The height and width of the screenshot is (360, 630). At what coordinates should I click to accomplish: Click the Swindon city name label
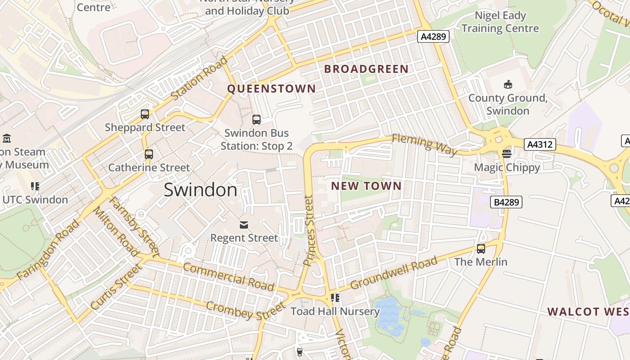point(200,190)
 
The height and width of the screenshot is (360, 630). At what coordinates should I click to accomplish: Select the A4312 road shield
point(540,144)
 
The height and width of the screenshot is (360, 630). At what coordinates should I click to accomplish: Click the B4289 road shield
point(507,202)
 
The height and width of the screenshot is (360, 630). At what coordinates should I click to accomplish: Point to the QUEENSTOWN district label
point(271,89)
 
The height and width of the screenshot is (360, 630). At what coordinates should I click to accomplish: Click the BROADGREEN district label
point(366,69)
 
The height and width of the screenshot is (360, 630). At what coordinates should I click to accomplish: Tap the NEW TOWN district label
point(366,186)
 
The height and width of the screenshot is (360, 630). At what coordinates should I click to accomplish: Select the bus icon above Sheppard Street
point(145,114)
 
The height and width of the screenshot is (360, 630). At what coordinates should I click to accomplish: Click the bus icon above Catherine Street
point(149,154)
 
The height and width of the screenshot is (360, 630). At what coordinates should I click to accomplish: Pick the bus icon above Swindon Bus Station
point(256,120)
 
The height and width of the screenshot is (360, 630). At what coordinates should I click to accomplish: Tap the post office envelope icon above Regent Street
point(244,225)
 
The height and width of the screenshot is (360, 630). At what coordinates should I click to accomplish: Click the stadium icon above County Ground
point(508,85)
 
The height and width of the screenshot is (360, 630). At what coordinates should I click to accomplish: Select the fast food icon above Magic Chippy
point(507,154)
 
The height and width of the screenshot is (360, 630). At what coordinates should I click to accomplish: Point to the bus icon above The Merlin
point(481,248)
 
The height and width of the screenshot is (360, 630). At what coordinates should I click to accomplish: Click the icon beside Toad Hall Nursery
point(335,298)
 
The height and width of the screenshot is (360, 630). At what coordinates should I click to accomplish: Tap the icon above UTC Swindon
point(35,186)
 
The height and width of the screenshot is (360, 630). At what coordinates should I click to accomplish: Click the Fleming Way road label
point(424,144)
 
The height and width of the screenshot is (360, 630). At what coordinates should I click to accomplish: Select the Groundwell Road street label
point(394,273)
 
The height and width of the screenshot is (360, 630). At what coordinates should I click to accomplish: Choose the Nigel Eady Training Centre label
point(500,22)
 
